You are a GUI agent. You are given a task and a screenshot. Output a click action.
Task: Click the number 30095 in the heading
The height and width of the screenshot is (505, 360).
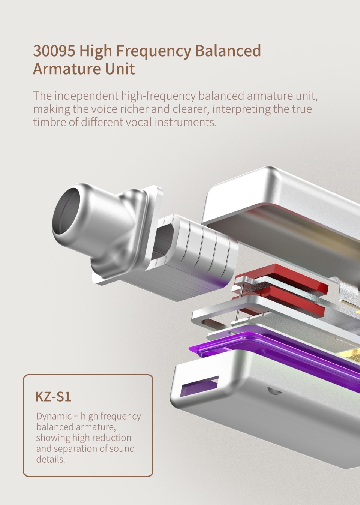point(54,51)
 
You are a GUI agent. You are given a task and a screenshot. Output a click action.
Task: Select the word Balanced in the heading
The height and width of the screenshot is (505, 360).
point(228,51)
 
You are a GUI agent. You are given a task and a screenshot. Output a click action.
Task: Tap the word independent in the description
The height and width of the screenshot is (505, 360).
point(86,96)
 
